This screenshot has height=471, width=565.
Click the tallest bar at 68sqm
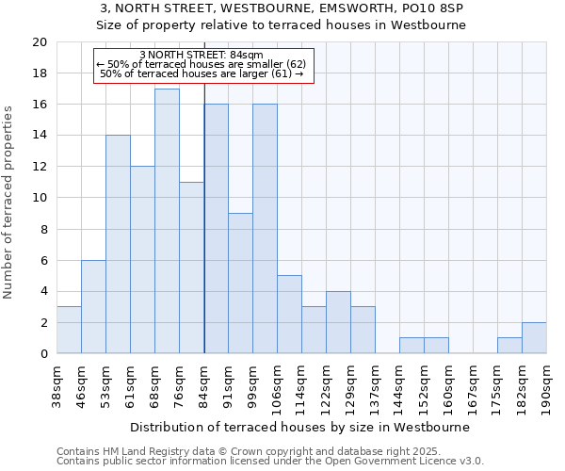coord(167,221)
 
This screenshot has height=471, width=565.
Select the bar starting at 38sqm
coord(69,330)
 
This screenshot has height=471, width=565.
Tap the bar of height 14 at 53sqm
coord(118,244)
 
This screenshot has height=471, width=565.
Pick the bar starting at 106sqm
coord(289,314)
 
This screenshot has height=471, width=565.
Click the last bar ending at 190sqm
coord(534,337)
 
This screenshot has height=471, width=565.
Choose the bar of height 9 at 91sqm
coord(240,283)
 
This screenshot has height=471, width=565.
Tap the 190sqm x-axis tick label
coord(547,386)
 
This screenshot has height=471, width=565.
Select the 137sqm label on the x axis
coord(376,386)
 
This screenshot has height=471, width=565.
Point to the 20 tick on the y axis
coord(39,42)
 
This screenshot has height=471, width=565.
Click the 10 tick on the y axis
coord(39,198)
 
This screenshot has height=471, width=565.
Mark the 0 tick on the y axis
coord(42,353)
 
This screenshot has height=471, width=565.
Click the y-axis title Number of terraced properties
coord(9,202)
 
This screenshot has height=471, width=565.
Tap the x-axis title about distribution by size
coord(299,427)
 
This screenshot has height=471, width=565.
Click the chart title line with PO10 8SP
coord(282,8)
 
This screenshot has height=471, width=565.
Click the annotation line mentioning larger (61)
coord(201,73)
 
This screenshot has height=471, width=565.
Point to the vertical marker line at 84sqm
coord(204,235)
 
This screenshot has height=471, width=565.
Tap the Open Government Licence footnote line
coord(270,461)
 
